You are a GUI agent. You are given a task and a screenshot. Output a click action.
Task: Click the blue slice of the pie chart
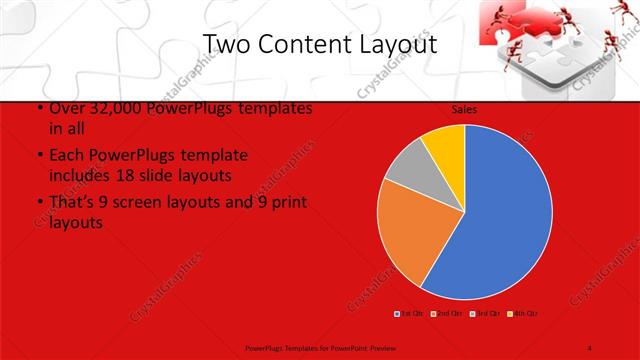click(500, 215)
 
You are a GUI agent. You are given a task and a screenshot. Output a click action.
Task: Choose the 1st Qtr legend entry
click(409, 314)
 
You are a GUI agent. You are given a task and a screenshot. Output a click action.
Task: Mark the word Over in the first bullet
click(65, 107)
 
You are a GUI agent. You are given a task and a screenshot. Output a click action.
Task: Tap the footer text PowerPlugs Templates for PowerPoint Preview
click(320, 347)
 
